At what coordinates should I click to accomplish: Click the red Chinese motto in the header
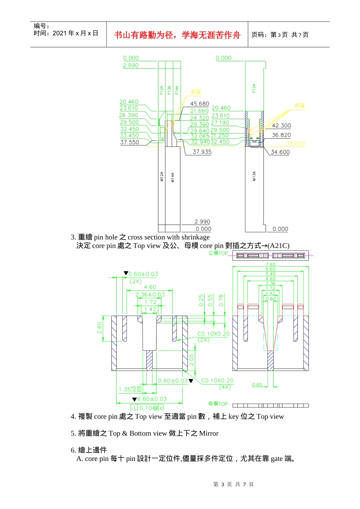pos(177,35)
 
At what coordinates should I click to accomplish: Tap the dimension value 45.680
pos(199,104)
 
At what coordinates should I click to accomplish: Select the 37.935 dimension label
pos(202,152)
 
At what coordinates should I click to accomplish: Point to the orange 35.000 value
pos(295,144)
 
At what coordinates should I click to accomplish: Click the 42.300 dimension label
pos(281,126)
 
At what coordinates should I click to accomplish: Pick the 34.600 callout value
pos(280,152)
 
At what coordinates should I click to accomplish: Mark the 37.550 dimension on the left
pos(130,142)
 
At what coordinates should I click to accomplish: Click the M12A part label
pos(162,176)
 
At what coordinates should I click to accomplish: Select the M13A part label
pos(254,176)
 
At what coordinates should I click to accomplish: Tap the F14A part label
pos(177,90)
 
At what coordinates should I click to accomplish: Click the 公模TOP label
pos(218,253)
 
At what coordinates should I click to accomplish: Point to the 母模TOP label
pos(218,404)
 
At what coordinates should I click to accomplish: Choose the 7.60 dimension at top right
pos(271,265)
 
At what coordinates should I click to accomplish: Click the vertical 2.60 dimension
pos(100,328)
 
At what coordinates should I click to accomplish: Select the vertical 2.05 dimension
pos(192,360)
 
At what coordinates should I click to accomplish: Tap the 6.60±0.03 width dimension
pos(152,399)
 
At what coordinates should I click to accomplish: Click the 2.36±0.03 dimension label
pos(150,295)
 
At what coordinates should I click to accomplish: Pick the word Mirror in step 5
pos(209,433)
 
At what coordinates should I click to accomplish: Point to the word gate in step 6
pos(277,459)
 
